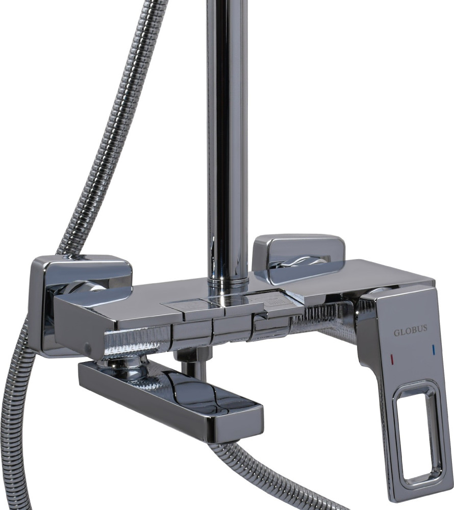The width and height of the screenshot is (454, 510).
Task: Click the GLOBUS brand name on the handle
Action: pyautogui.click(x=411, y=333)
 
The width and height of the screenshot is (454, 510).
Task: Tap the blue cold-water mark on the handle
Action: pyautogui.click(x=433, y=350)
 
